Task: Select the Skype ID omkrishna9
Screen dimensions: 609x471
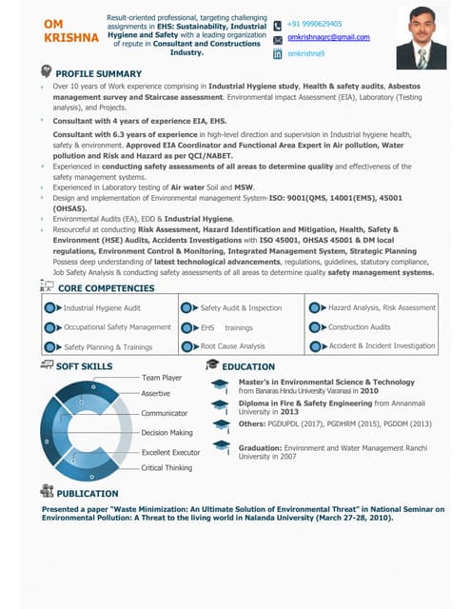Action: [305, 53]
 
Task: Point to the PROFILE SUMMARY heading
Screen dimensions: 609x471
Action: [98, 73]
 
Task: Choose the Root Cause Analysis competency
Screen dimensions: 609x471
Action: [231, 346]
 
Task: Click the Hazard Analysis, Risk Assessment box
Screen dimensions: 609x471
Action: [381, 308]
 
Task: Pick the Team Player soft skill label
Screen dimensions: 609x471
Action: [162, 378]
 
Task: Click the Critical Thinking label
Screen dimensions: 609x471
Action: [167, 468]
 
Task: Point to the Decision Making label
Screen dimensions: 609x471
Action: [167, 433]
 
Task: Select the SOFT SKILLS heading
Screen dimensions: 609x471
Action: [84, 366]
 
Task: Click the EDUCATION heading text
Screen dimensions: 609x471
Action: [248, 366]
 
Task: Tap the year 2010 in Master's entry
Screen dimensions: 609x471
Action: [369, 391]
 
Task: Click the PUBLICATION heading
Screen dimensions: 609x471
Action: [88, 495]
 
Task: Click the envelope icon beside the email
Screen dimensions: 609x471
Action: [277, 39]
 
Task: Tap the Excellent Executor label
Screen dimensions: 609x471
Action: [170, 452]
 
